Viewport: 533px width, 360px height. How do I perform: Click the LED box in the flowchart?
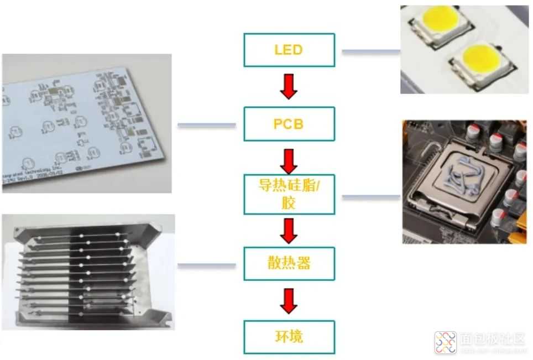tap(289, 50)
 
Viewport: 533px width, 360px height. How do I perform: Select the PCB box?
tap(289, 123)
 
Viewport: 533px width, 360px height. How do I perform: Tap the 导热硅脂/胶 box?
tap(289, 194)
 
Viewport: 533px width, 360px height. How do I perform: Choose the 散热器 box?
tap(289, 263)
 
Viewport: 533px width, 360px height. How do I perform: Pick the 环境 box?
tap(289, 336)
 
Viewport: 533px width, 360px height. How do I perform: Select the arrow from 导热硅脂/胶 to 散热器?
tap(289, 231)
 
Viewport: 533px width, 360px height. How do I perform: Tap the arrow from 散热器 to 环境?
tap(289, 300)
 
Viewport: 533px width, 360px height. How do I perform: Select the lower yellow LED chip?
tap(480, 59)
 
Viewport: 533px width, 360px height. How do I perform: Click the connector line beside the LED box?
tap(370, 52)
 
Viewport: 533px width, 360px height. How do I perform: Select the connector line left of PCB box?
tap(207, 125)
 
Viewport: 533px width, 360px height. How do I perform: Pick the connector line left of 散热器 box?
tap(207, 265)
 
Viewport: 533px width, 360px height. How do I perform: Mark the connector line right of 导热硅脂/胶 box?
tap(370, 196)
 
